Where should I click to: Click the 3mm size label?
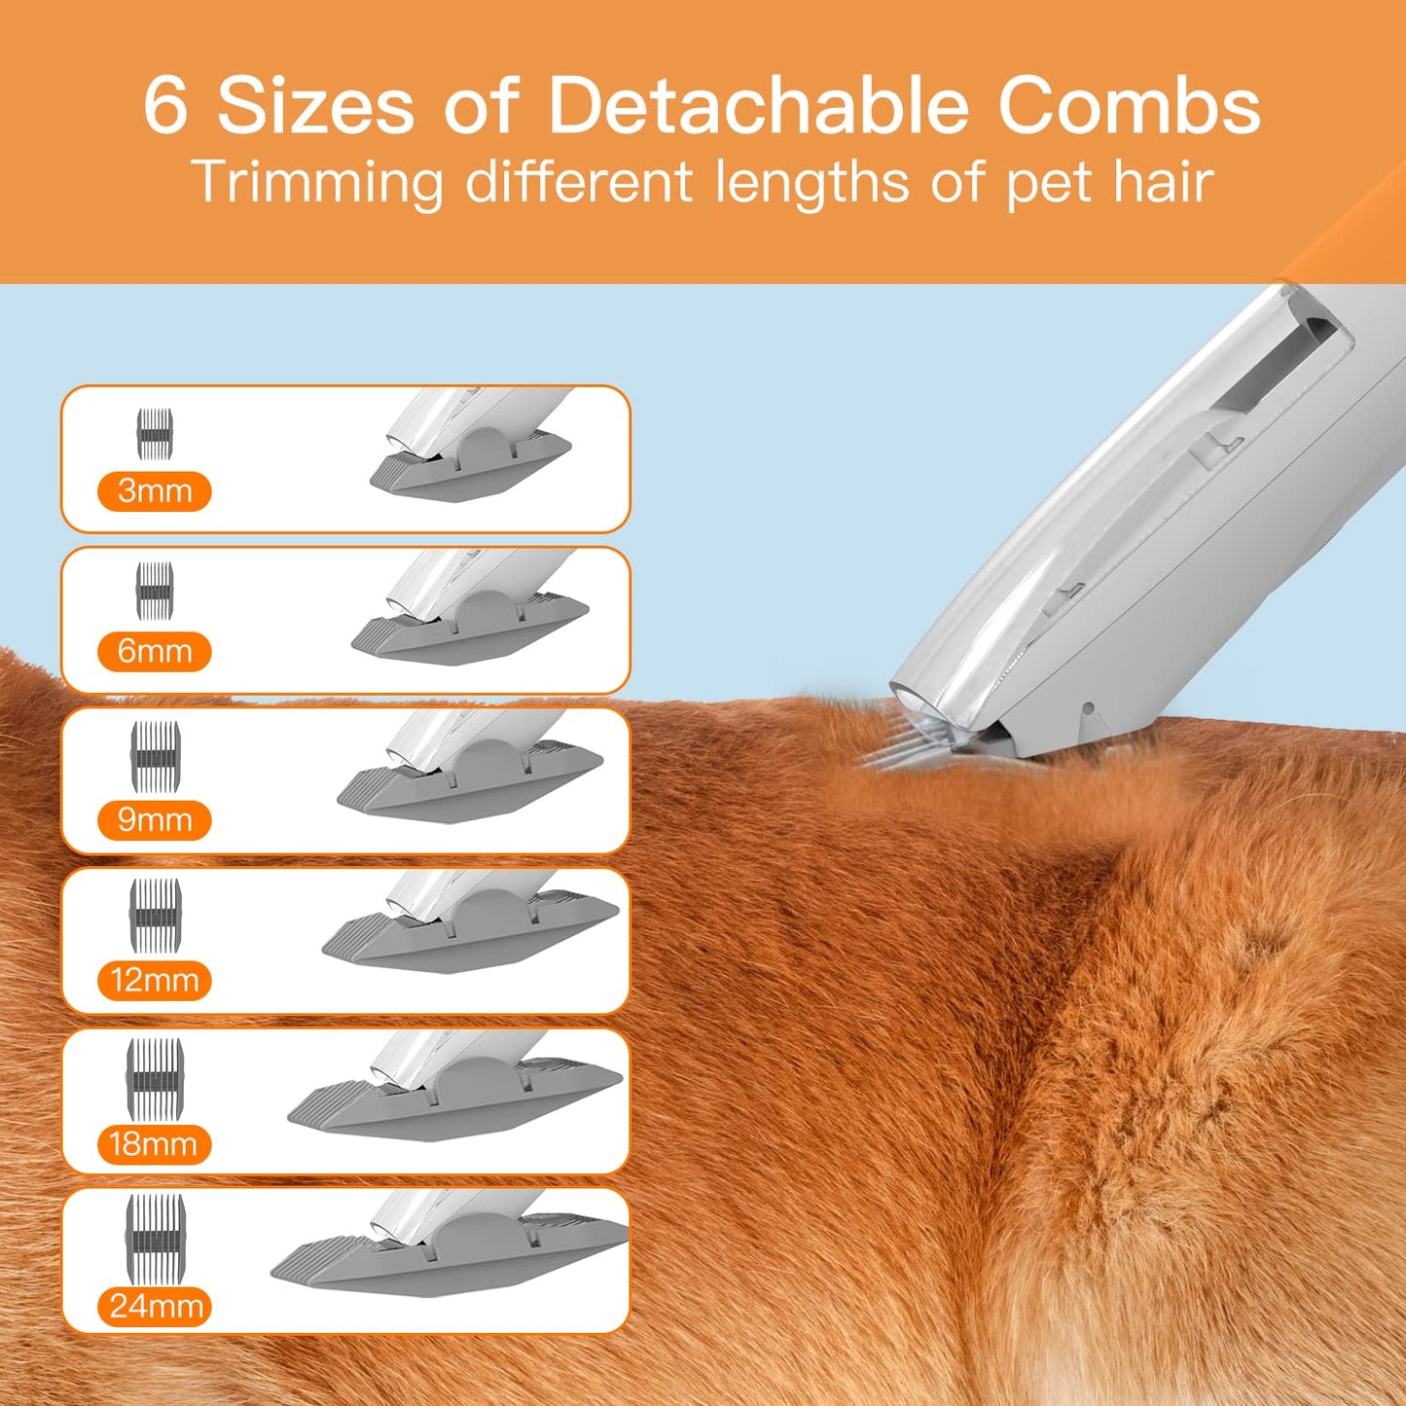tap(155, 491)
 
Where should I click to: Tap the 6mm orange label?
tap(155, 651)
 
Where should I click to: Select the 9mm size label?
tap(155, 820)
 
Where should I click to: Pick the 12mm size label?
tap(155, 980)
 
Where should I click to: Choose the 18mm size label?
tap(154, 1144)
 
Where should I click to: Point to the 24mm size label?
tap(156, 1306)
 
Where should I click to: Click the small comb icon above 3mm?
tap(155, 434)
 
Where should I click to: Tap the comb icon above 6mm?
tap(155, 591)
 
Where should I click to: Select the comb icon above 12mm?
tap(156, 915)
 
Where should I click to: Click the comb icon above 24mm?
tap(155, 1238)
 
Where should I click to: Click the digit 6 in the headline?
tap(165, 105)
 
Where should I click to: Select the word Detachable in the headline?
tap(758, 105)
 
